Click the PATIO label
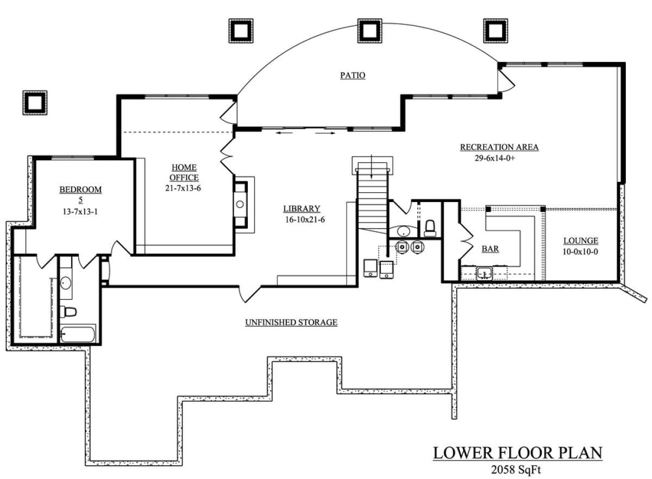coord(353,75)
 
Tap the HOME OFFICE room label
coord(184,173)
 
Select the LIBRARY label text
coord(302,209)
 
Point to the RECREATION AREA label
coord(499,147)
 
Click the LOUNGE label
coord(581,241)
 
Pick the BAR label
coord(490,249)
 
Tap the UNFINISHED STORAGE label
coord(291,323)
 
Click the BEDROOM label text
coord(80,190)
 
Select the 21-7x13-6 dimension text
coord(183,188)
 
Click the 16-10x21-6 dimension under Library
coord(305,219)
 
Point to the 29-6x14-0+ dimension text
coord(495,158)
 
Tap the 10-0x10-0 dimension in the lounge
coord(580,252)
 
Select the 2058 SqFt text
coord(516,469)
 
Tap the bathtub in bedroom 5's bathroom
coord(78,335)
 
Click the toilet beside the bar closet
coord(430,228)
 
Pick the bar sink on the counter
coord(484,273)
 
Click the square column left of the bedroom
coord(35,103)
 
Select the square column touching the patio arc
coord(369,31)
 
